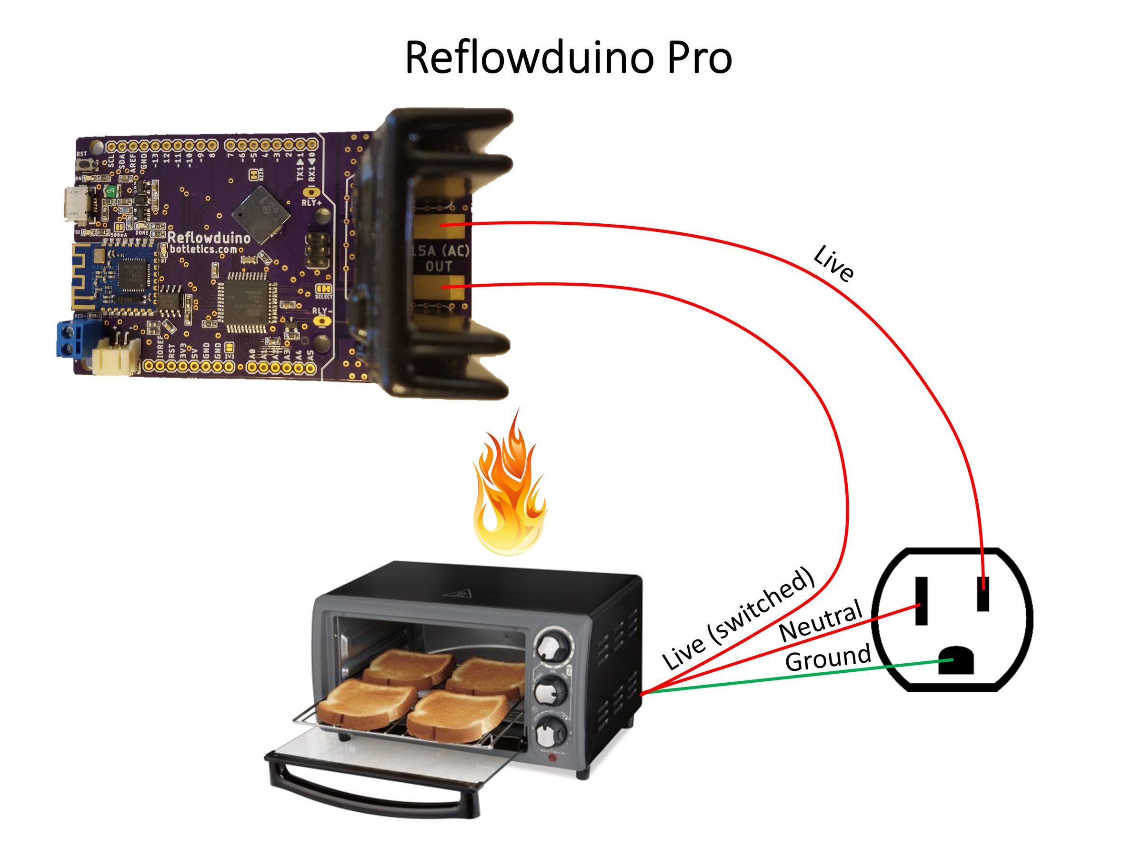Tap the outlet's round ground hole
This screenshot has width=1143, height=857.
click(x=956, y=661)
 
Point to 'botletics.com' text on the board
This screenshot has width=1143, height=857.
click(x=202, y=250)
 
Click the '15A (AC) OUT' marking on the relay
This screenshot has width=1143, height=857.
click(x=440, y=258)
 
